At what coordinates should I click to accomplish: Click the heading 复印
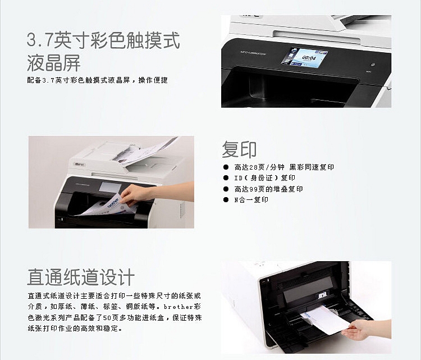239,149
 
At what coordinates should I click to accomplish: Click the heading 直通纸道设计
81,277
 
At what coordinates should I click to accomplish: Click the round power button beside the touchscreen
372,65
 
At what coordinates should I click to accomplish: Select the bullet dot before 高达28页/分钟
226,167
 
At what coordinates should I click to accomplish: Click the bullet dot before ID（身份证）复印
226,178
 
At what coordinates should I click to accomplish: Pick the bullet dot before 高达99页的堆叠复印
226,189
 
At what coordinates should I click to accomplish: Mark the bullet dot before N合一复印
226,199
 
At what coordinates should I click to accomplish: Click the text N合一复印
251,199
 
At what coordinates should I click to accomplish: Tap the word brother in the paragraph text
179,307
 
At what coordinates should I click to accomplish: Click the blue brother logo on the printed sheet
113,203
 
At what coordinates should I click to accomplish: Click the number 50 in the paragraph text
107,318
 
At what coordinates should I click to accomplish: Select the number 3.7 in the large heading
39,39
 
